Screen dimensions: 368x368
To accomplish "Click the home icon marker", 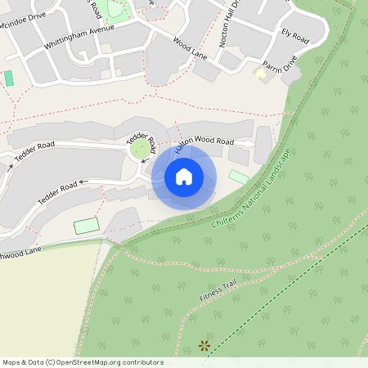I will [184, 177].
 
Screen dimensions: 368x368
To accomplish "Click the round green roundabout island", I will [141, 149].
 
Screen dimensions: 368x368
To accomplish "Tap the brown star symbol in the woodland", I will [204, 346].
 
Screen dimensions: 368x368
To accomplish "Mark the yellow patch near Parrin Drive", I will [261, 74].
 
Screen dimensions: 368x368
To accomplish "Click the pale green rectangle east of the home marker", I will [238, 176].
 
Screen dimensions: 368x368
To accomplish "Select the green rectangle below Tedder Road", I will [86, 225].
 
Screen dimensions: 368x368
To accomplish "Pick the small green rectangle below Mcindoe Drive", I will [9, 79].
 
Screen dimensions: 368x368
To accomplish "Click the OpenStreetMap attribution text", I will [82, 362].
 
